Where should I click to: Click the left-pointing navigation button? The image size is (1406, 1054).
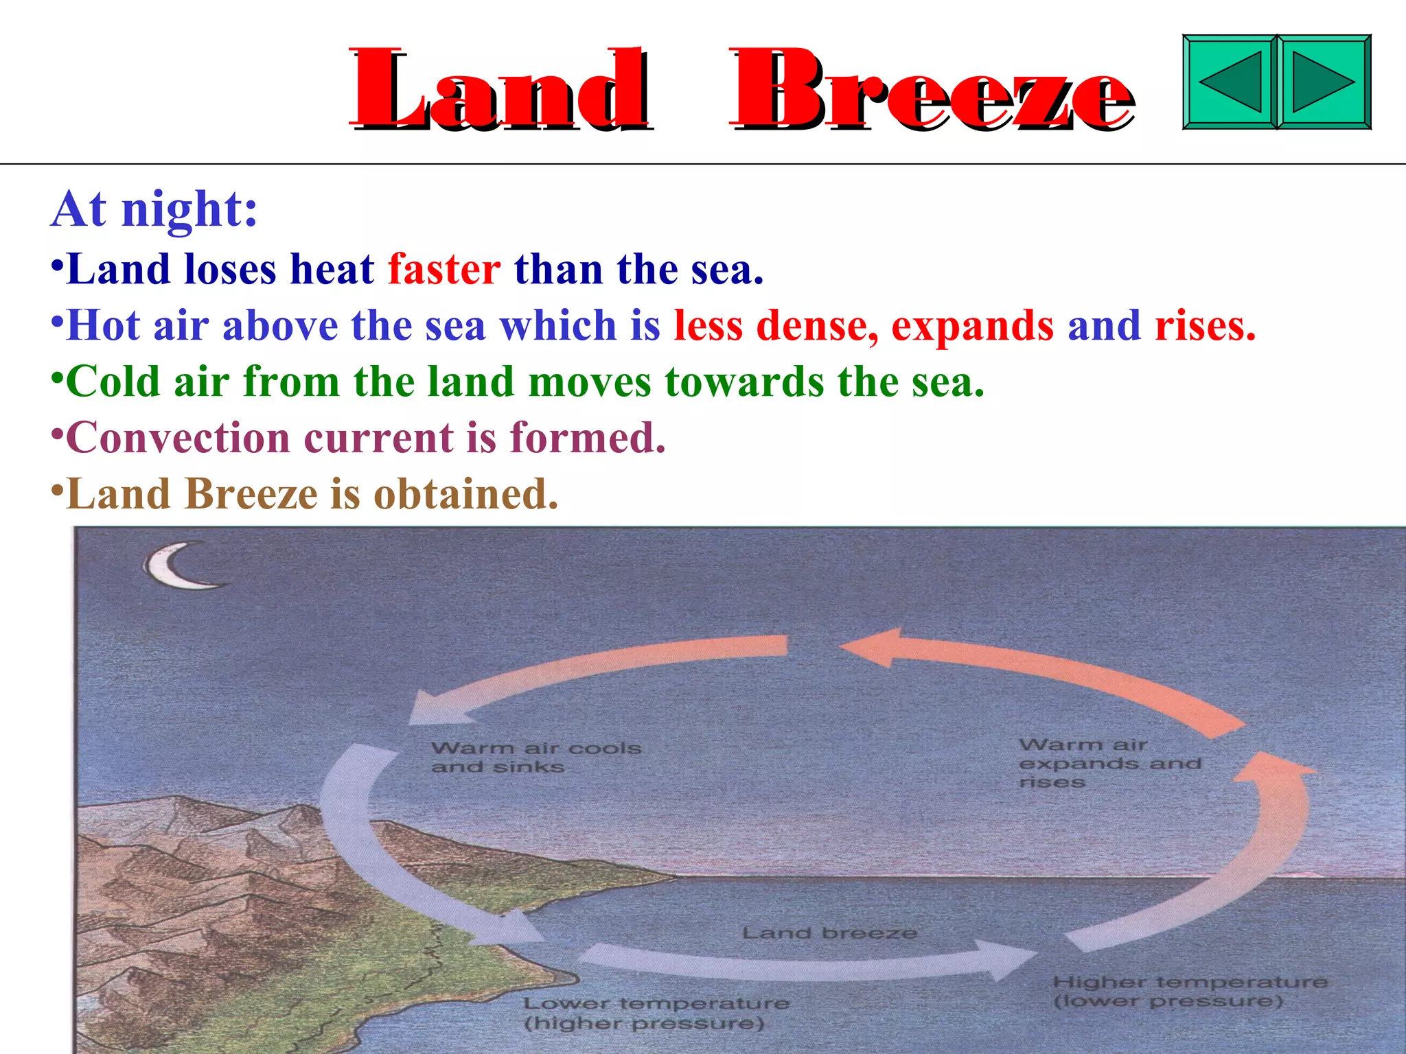[1230, 82]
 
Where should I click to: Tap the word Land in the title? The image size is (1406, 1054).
[499, 89]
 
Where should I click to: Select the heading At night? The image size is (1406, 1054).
[155, 209]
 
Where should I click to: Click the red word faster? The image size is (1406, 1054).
[444, 269]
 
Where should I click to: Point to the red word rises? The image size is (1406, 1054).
[1205, 325]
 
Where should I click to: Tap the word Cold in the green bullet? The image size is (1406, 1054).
[113, 382]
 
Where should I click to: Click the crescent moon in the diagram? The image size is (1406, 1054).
[180, 566]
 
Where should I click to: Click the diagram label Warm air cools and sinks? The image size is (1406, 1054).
[535, 757]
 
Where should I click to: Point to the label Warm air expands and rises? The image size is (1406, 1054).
[1109, 763]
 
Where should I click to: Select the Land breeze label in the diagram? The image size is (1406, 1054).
[829, 933]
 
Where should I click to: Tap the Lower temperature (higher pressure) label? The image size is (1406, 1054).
[656, 1013]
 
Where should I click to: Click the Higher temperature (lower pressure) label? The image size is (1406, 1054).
[1189, 992]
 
